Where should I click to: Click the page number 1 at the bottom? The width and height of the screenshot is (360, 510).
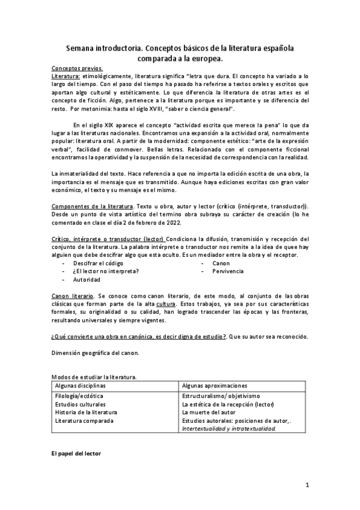point(307,484)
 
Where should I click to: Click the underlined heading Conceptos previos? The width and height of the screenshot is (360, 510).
point(78,69)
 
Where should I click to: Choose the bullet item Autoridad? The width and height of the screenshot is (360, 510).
point(87,280)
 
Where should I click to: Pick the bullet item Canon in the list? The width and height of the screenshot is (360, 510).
point(221,263)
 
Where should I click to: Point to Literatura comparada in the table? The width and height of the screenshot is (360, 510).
point(84,421)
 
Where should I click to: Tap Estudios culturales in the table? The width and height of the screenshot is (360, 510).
point(81,405)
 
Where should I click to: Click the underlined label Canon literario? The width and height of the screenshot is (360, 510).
point(72,296)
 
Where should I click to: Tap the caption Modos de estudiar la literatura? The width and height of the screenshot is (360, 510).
point(94,376)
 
